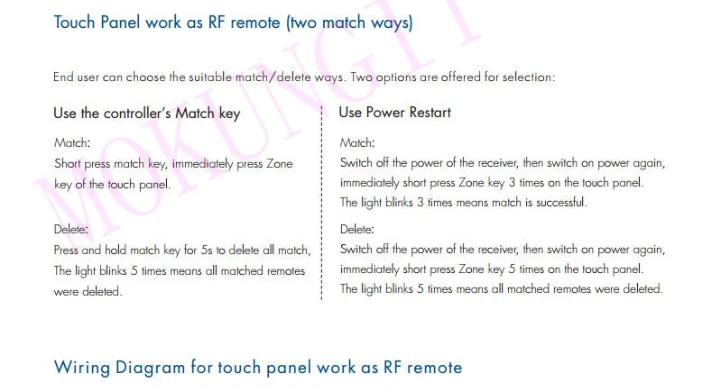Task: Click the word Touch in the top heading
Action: point(75,22)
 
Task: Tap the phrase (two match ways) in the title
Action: point(349,23)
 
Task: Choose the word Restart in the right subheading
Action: point(430,113)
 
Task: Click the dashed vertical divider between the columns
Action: point(321,204)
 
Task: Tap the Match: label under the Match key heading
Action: point(72,142)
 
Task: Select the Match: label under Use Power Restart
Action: point(357,142)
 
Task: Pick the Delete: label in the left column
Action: point(70,229)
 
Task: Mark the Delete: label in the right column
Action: point(357,229)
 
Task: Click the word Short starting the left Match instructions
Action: point(67,163)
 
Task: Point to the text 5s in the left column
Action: point(207,251)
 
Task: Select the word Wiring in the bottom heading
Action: point(81,368)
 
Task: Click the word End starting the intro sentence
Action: point(63,77)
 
